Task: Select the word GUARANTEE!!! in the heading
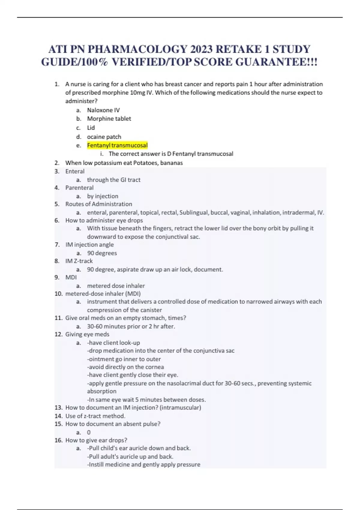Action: (x=276, y=62)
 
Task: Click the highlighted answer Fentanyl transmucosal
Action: (x=117, y=145)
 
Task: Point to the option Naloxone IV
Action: (x=103, y=110)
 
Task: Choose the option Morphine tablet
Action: (x=109, y=118)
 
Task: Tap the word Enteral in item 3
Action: (x=75, y=171)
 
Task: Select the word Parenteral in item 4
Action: (x=79, y=188)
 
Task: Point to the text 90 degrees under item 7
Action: (x=102, y=253)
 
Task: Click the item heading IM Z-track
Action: (x=79, y=261)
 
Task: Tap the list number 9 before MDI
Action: (x=57, y=277)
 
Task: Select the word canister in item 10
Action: (x=151, y=310)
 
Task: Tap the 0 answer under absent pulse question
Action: (x=88, y=432)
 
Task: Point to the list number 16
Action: (x=58, y=440)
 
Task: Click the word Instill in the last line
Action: (x=96, y=464)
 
